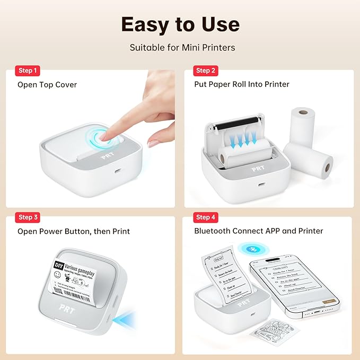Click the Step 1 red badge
click(29, 71)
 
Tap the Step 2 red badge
click(206, 71)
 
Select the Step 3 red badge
click(29, 217)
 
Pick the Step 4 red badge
click(206, 217)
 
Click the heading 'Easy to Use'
click(180, 24)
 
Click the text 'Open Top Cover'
click(47, 84)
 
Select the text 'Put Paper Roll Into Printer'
click(242, 84)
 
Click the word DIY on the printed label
click(59, 265)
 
